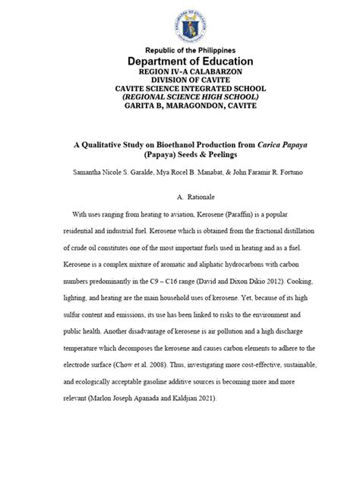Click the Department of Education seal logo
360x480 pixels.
click(179, 24)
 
